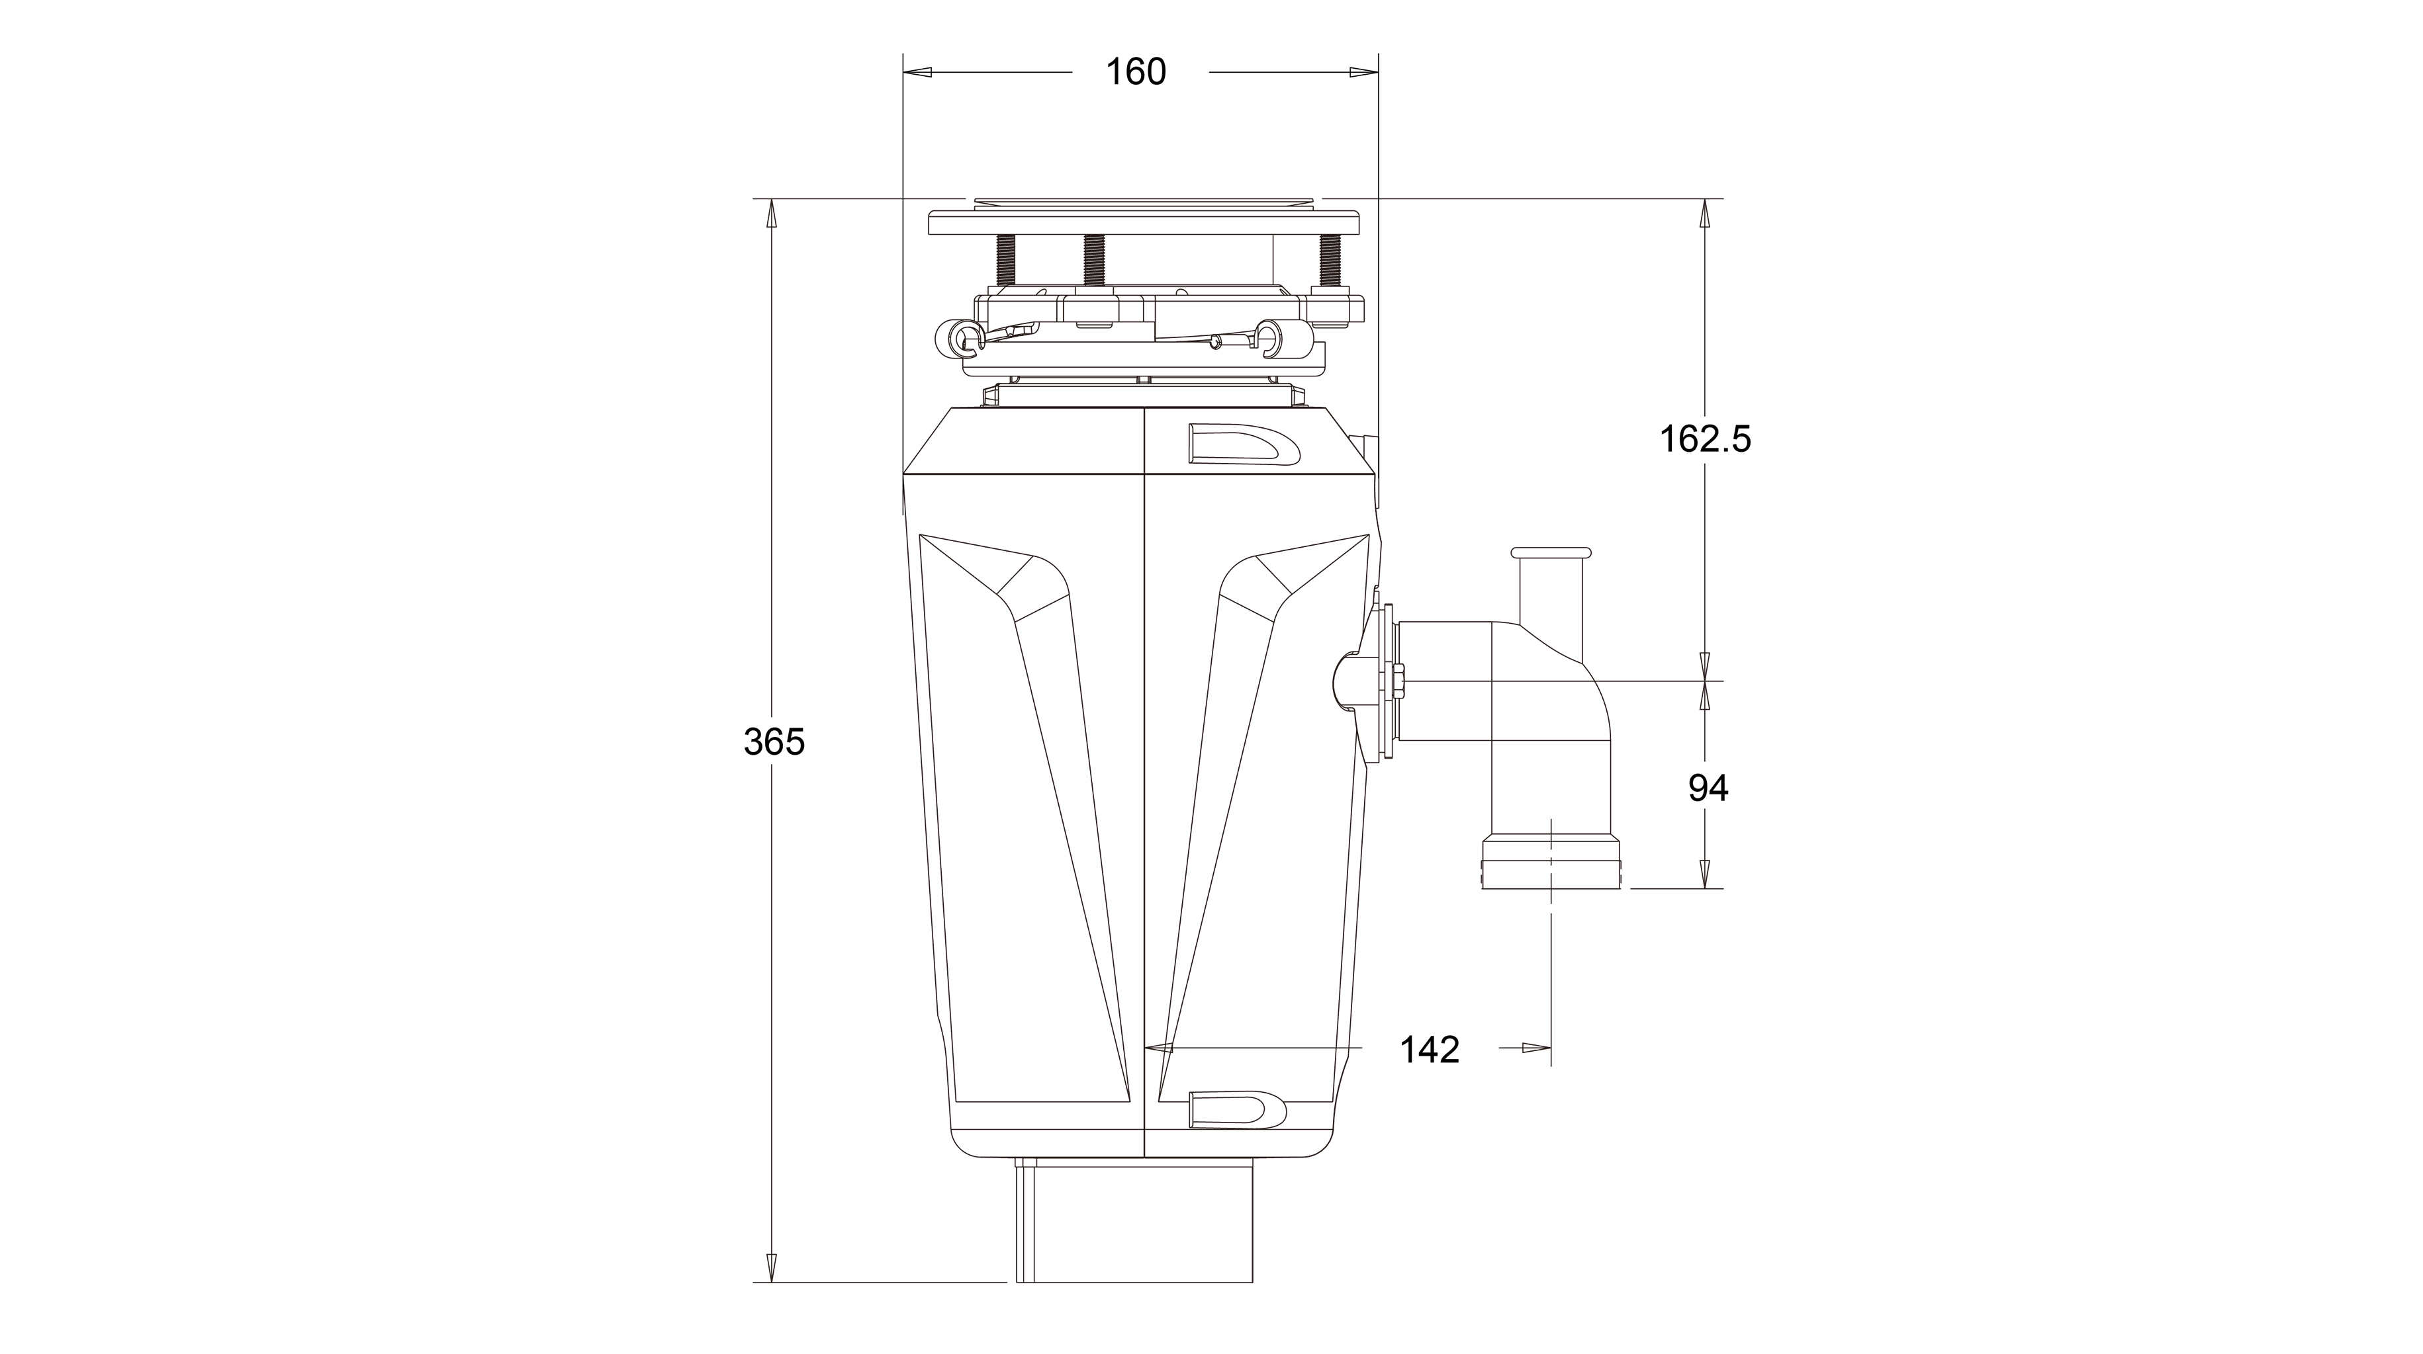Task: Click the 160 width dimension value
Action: pos(1135,71)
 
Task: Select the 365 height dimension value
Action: pos(774,742)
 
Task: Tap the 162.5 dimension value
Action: pos(1704,439)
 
